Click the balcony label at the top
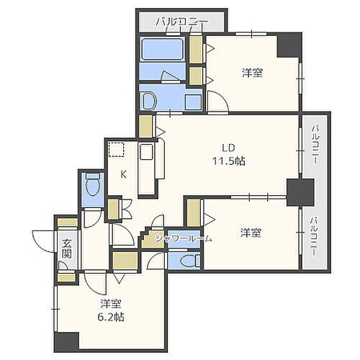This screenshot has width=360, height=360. pyautogui.click(x=182, y=22)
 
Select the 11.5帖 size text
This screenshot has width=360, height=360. pyautogui.click(x=229, y=161)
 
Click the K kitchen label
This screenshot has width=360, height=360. pyautogui.click(x=123, y=174)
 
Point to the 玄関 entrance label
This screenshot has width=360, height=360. pyautogui.click(x=66, y=248)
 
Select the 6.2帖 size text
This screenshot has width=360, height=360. pyautogui.click(x=109, y=315)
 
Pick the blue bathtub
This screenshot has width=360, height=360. pyautogui.click(x=162, y=50)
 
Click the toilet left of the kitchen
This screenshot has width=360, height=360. pyautogui.click(x=92, y=189)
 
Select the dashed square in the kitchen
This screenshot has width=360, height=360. pyautogui.click(x=115, y=150)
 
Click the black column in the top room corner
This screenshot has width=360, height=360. pyautogui.click(x=289, y=45)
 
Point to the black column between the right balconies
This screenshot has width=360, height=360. pyautogui.click(x=299, y=192)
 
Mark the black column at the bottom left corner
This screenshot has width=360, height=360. pyautogui.click(x=66, y=343)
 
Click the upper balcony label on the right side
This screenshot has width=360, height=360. pyautogui.click(x=315, y=143)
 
